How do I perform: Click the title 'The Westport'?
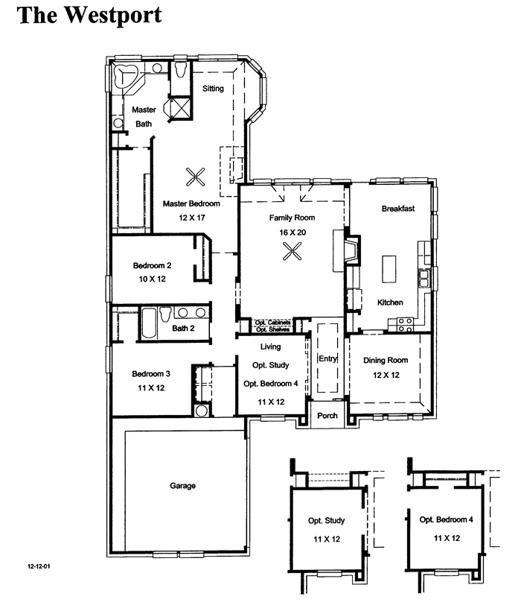tap(89, 16)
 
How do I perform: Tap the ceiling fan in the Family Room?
tap(293, 251)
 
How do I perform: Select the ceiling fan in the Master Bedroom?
tap(195, 177)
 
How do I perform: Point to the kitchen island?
tap(389, 268)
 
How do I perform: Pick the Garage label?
tap(182, 486)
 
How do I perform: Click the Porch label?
tap(327, 416)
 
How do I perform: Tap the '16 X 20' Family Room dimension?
tap(293, 232)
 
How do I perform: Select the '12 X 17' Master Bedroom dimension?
tap(192, 218)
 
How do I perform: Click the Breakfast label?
tap(398, 209)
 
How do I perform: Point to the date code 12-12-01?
tap(39, 566)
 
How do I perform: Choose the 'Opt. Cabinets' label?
tap(272, 323)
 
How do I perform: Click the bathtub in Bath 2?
tap(148, 323)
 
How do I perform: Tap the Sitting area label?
tap(213, 89)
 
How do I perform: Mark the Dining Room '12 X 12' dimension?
tap(386, 375)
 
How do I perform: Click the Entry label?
tap(327, 358)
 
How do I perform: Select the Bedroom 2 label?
tap(152, 265)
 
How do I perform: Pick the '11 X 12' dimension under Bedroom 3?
tap(151, 388)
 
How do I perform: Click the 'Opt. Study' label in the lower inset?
tap(327, 520)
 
